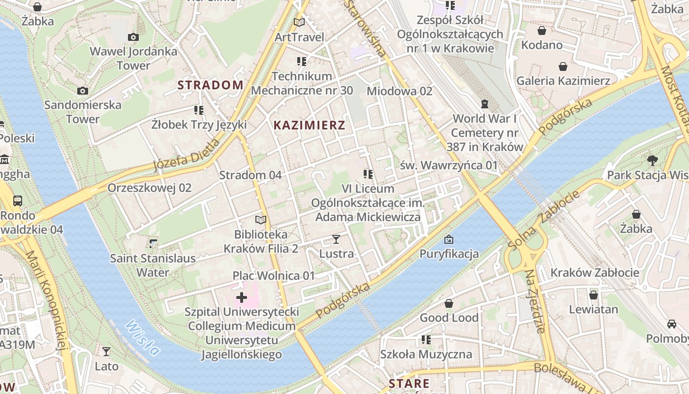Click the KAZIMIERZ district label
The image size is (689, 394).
click(309, 125)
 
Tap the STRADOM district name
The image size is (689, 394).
click(210, 85)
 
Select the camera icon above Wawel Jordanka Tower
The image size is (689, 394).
click(133, 37)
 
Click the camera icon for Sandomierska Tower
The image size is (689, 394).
click(83, 91)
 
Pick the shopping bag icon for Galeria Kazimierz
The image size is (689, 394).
click(563, 66)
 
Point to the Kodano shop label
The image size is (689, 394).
click(542, 45)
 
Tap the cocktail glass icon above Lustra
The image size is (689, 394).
click(336, 239)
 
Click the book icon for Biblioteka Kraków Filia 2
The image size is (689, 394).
click(260, 220)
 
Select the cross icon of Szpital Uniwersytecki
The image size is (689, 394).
click(242, 297)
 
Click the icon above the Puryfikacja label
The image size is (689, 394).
click(449, 240)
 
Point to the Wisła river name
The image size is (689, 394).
click(143, 338)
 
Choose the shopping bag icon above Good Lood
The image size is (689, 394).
click(449, 303)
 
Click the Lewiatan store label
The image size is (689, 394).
click(593, 309)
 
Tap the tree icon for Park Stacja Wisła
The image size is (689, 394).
click(653, 160)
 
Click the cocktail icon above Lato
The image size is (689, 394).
click(106, 351)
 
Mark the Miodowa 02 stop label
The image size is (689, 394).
click(399, 91)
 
